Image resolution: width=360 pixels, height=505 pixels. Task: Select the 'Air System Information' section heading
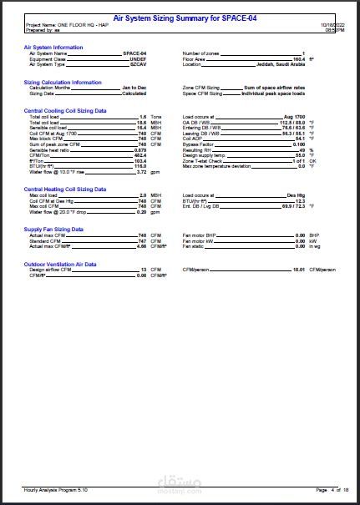coord(53,48)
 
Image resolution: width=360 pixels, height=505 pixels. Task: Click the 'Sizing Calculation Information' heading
coord(63,83)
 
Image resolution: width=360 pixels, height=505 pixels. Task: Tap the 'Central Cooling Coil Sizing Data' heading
coord(65,110)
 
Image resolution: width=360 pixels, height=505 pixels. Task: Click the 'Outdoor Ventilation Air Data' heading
coord(60,264)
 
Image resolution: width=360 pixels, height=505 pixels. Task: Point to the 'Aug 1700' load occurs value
coord(295,116)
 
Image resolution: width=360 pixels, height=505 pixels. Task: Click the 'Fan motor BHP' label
coord(200,235)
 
